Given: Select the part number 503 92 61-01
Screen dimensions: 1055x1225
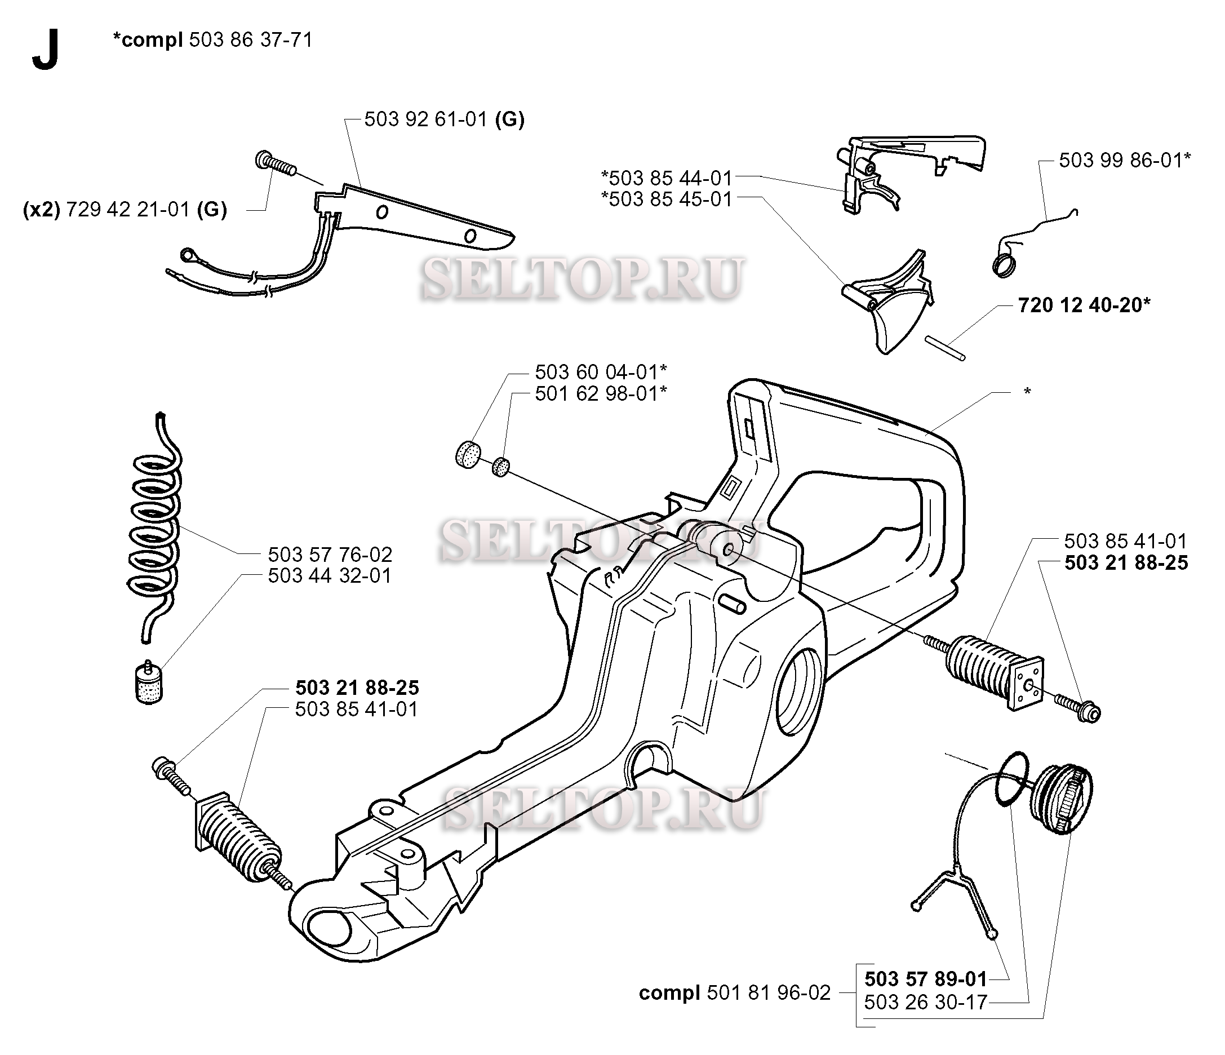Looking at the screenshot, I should [425, 120].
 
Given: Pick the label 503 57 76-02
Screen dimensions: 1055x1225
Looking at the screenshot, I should [330, 555].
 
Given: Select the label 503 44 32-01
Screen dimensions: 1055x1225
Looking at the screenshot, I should [330, 576].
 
